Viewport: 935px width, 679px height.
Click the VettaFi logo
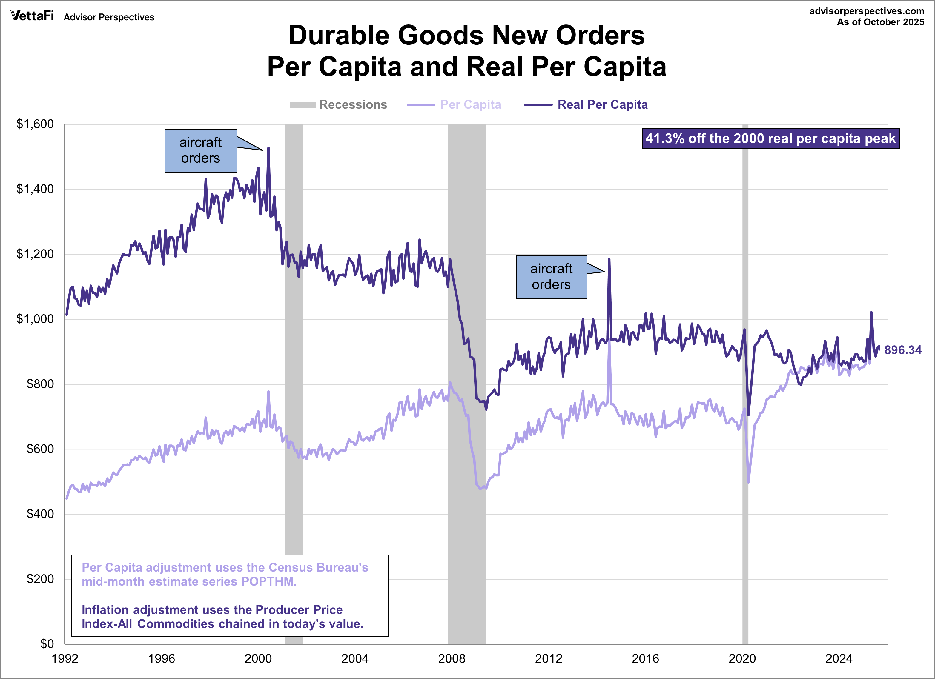point(32,16)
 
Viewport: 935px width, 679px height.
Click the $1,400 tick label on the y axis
point(35,189)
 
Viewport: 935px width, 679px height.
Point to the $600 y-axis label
point(40,449)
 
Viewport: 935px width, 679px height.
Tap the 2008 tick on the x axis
point(452,659)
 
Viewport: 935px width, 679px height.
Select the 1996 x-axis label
point(162,659)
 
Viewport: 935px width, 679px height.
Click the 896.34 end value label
point(903,350)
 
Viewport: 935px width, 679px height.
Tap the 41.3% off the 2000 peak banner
point(770,138)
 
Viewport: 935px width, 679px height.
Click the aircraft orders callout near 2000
point(201,150)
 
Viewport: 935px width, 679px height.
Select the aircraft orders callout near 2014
point(551,277)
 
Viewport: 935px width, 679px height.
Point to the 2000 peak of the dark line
point(268,148)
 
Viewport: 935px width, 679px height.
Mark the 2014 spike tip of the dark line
point(609,260)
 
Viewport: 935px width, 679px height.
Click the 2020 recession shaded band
point(745,412)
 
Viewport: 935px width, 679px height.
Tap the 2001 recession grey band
point(294,412)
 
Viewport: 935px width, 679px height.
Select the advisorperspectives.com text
point(867,11)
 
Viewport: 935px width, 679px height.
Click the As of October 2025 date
point(880,22)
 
